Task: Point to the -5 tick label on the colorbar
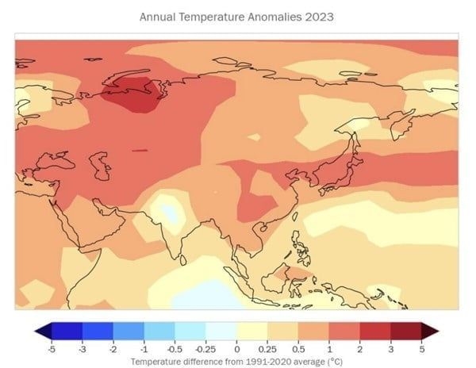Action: coord(52,348)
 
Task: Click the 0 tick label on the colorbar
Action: coord(236,348)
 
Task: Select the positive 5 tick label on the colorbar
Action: coord(421,348)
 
